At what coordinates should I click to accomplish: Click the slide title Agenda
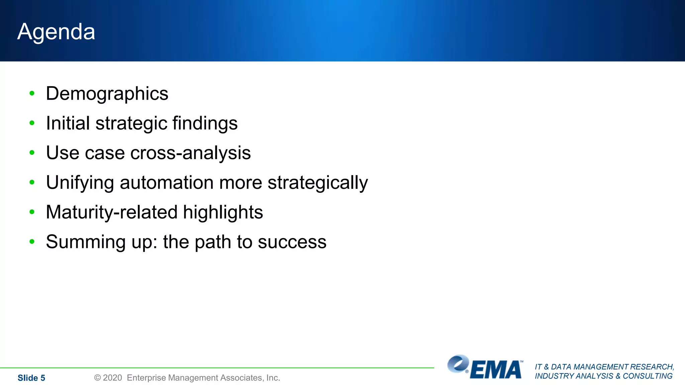pos(56,32)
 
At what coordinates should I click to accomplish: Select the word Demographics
pos(107,94)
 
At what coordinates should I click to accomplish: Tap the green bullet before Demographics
pos(32,93)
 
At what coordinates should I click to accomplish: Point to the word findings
pos(205,123)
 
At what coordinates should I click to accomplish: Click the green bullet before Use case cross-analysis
pos(32,153)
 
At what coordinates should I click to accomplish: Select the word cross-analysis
pos(190,153)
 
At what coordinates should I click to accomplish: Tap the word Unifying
pos(80,183)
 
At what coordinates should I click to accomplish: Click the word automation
pos(167,182)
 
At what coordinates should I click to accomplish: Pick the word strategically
pos(317,183)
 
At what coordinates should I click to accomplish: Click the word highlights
pos(223,212)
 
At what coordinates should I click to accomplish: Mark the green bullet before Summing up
pos(32,242)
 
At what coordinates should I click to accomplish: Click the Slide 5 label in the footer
pos(31,378)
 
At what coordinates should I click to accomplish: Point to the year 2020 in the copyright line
pos(112,378)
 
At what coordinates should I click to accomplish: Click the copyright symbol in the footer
pos(97,378)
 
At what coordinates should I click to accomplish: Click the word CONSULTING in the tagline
pos(648,376)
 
